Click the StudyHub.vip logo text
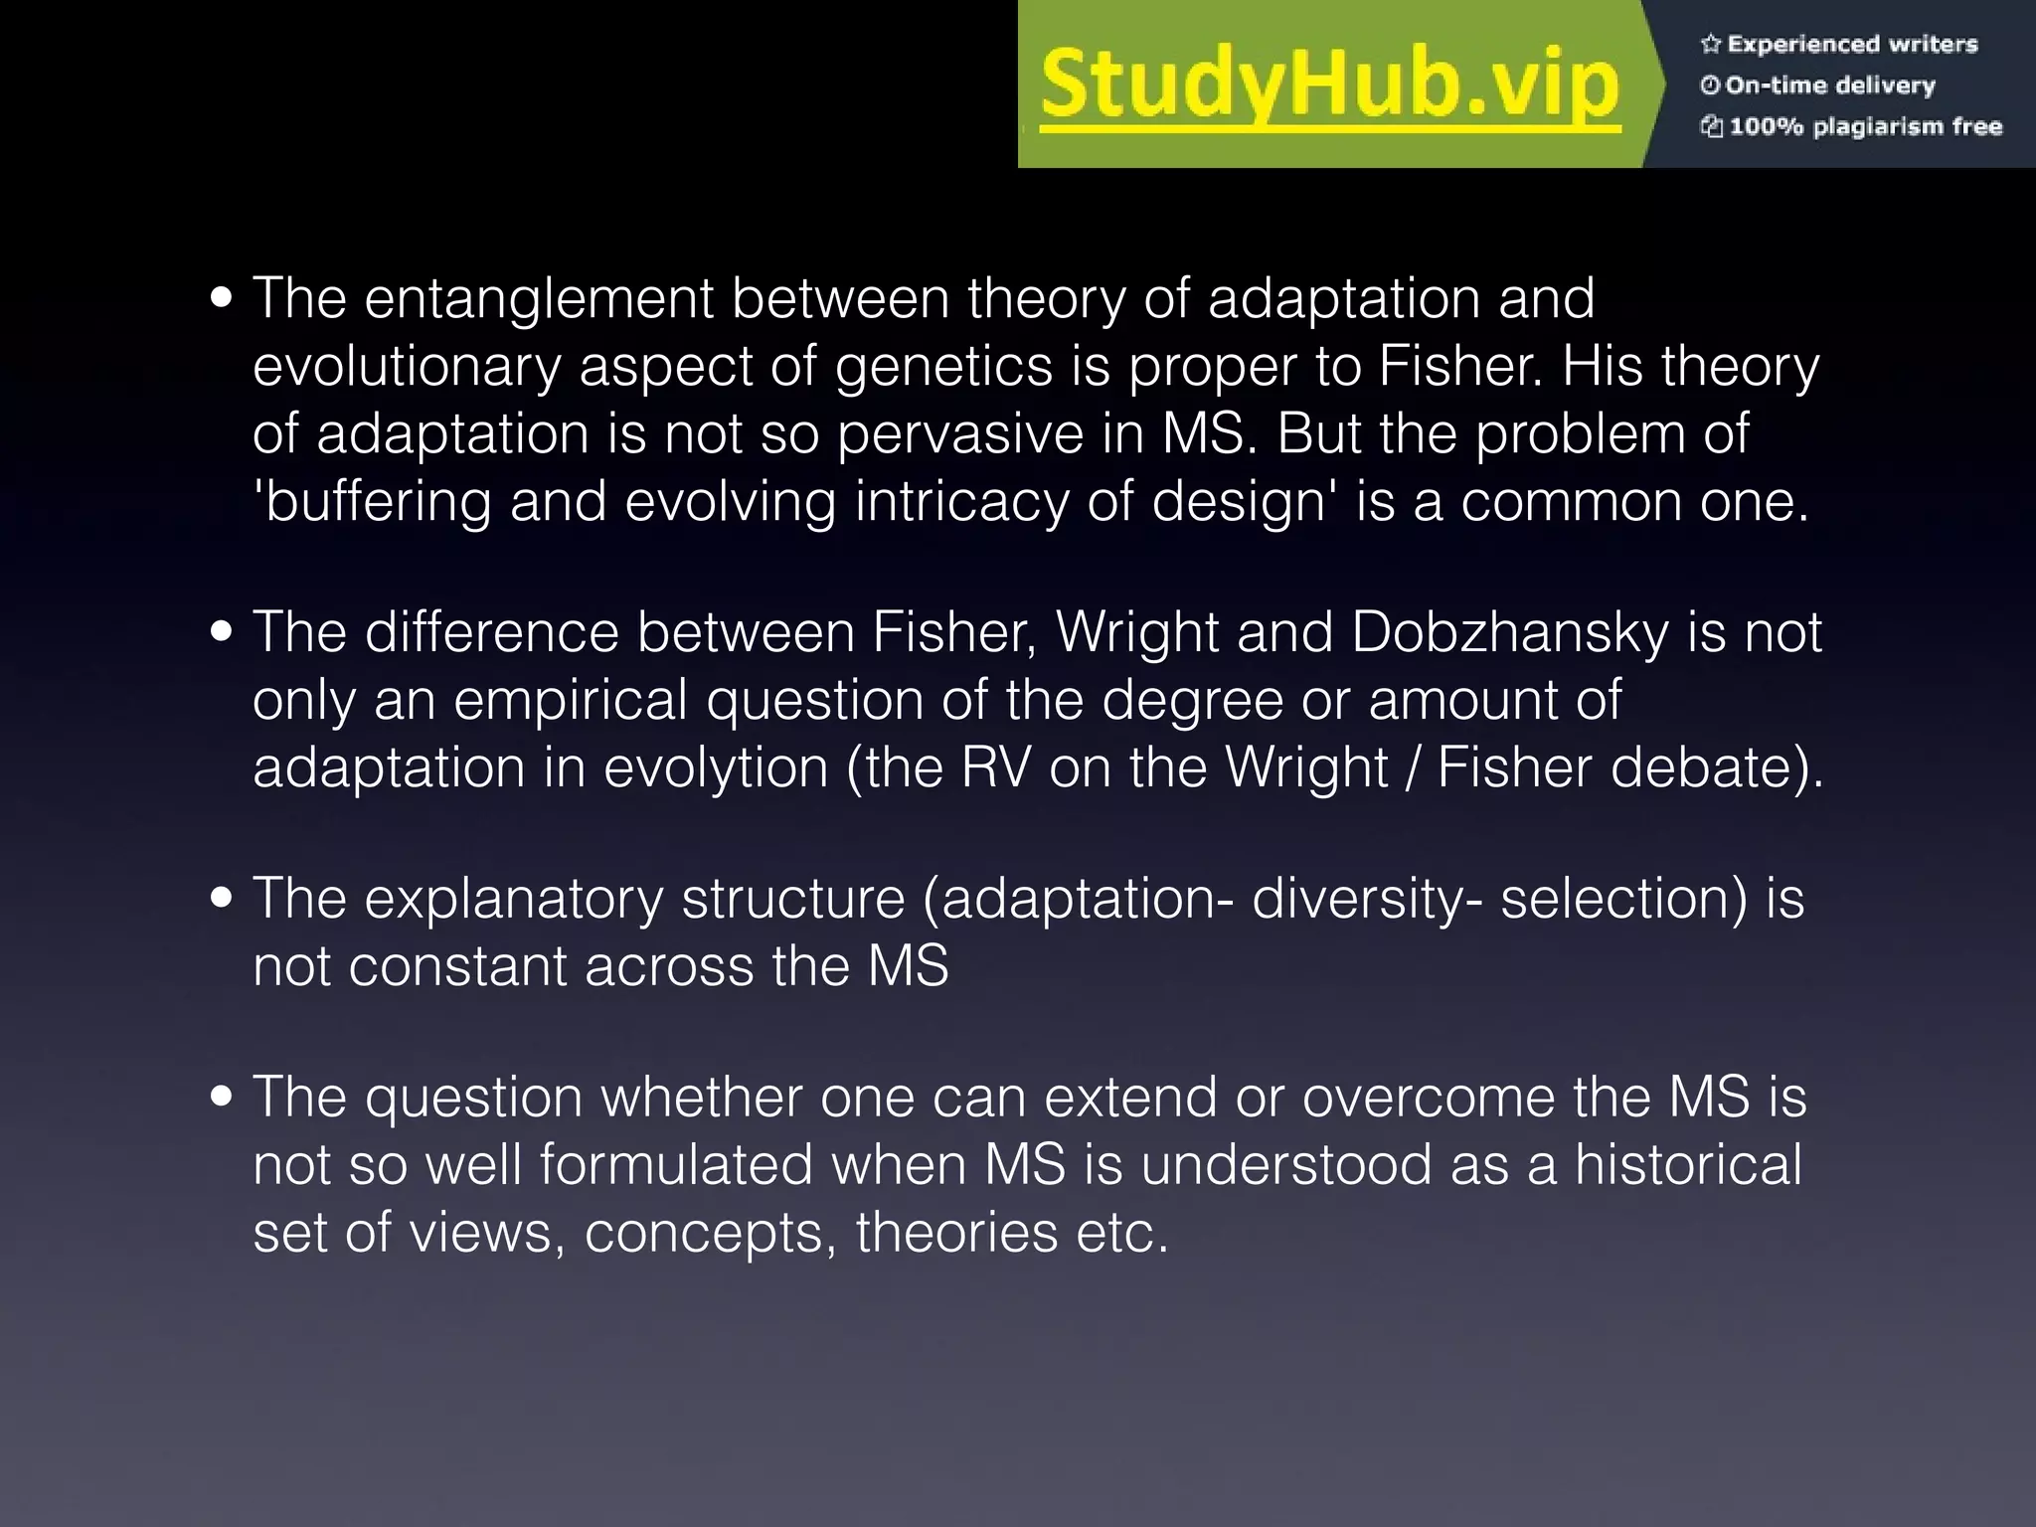click(x=1330, y=85)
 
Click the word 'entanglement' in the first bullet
click(x=539, y=298)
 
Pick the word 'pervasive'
click(x=960, y=433)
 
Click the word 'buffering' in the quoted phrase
click(x=378, y=501)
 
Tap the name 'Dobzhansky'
click(x=1510, y=632)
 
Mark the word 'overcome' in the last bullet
click(x=1430, y=1098)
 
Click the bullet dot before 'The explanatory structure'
click(x=223, y=898)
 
